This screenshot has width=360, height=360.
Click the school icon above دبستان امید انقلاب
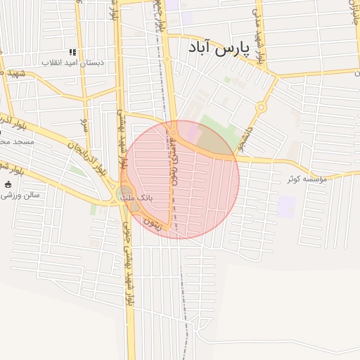point(72,52)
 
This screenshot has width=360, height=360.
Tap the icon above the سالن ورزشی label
point(8,184)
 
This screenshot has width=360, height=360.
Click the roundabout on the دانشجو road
point(261,108)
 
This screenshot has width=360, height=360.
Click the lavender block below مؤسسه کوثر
point(287,207)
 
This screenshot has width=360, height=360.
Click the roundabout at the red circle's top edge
point(174,132)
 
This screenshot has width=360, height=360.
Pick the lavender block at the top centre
point(187,18)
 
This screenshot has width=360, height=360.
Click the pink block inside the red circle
point(191,133)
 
